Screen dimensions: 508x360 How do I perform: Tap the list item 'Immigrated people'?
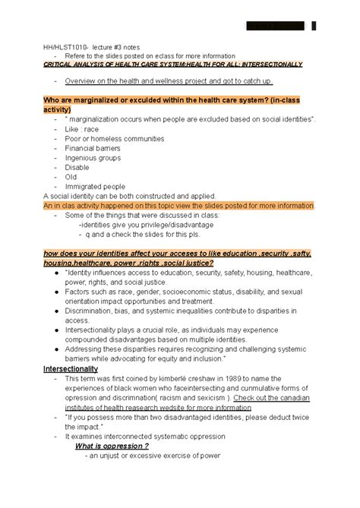[x=95, y=186]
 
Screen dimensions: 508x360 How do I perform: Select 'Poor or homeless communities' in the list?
[x=114, y=139]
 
